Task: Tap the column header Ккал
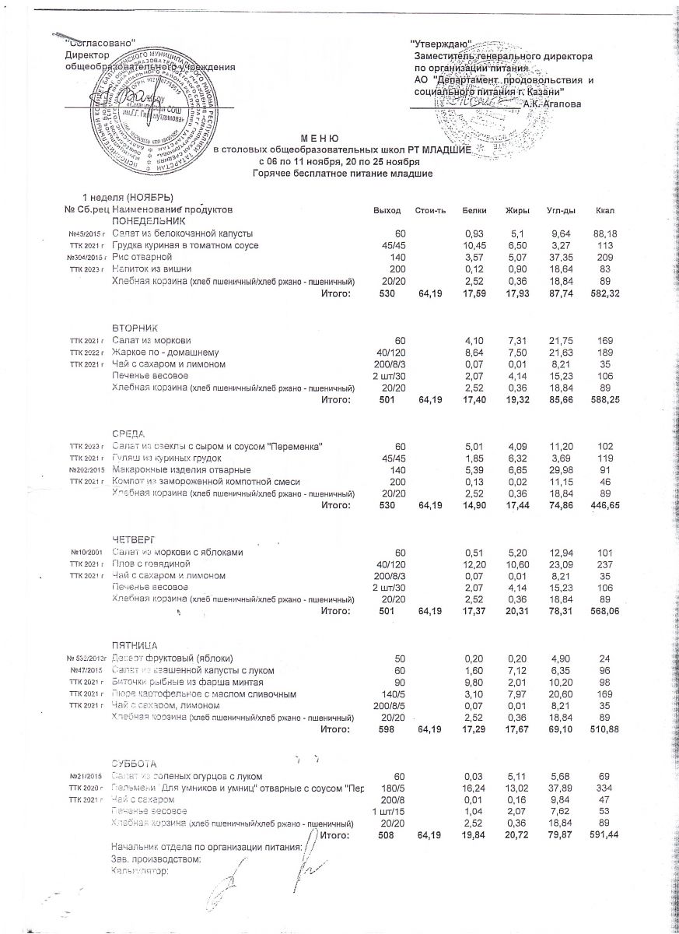coord(604,211)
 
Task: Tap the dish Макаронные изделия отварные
coord(181,471)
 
